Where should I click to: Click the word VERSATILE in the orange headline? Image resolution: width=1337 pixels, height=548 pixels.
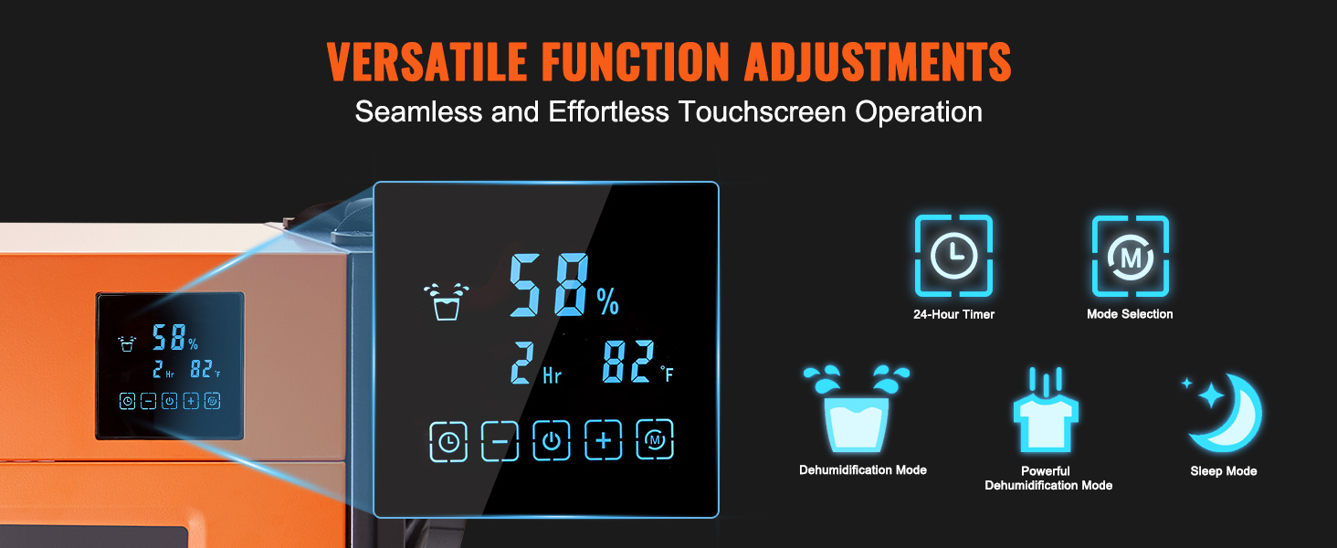point(426,61)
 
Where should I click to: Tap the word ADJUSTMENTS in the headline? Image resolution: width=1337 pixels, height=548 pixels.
point(878,61)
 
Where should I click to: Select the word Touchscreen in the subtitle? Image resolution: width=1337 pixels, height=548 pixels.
point(761,111)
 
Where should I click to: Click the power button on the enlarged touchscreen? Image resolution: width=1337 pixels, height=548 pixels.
point(551,440)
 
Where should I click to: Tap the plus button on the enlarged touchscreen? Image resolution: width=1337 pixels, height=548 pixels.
point(603,440)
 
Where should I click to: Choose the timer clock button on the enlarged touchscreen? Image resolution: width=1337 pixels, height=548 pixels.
point(448,442)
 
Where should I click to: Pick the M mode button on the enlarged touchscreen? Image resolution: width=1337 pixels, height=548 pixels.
point(655,440)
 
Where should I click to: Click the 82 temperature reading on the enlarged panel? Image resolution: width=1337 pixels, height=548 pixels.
point(628,361)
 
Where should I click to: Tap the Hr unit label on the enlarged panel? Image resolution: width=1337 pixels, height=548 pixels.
point(553,375)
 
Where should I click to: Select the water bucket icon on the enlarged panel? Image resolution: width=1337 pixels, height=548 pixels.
point(446,302)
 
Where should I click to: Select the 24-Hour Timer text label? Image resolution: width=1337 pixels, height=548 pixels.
point(953,314)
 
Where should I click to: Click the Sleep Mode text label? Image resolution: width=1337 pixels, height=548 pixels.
point(1224,471)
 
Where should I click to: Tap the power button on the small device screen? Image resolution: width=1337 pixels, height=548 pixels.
point(170,401)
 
